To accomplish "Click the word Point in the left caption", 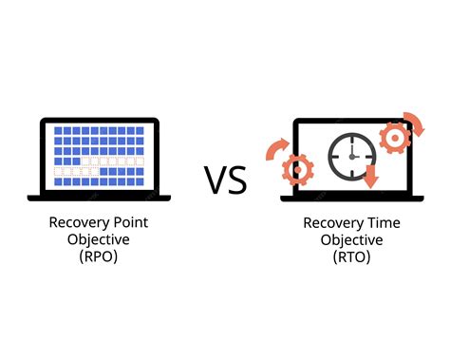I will (x=126, y=223).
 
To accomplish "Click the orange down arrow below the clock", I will (x=371, y=176).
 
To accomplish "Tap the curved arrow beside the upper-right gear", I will (x=416, y=123).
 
